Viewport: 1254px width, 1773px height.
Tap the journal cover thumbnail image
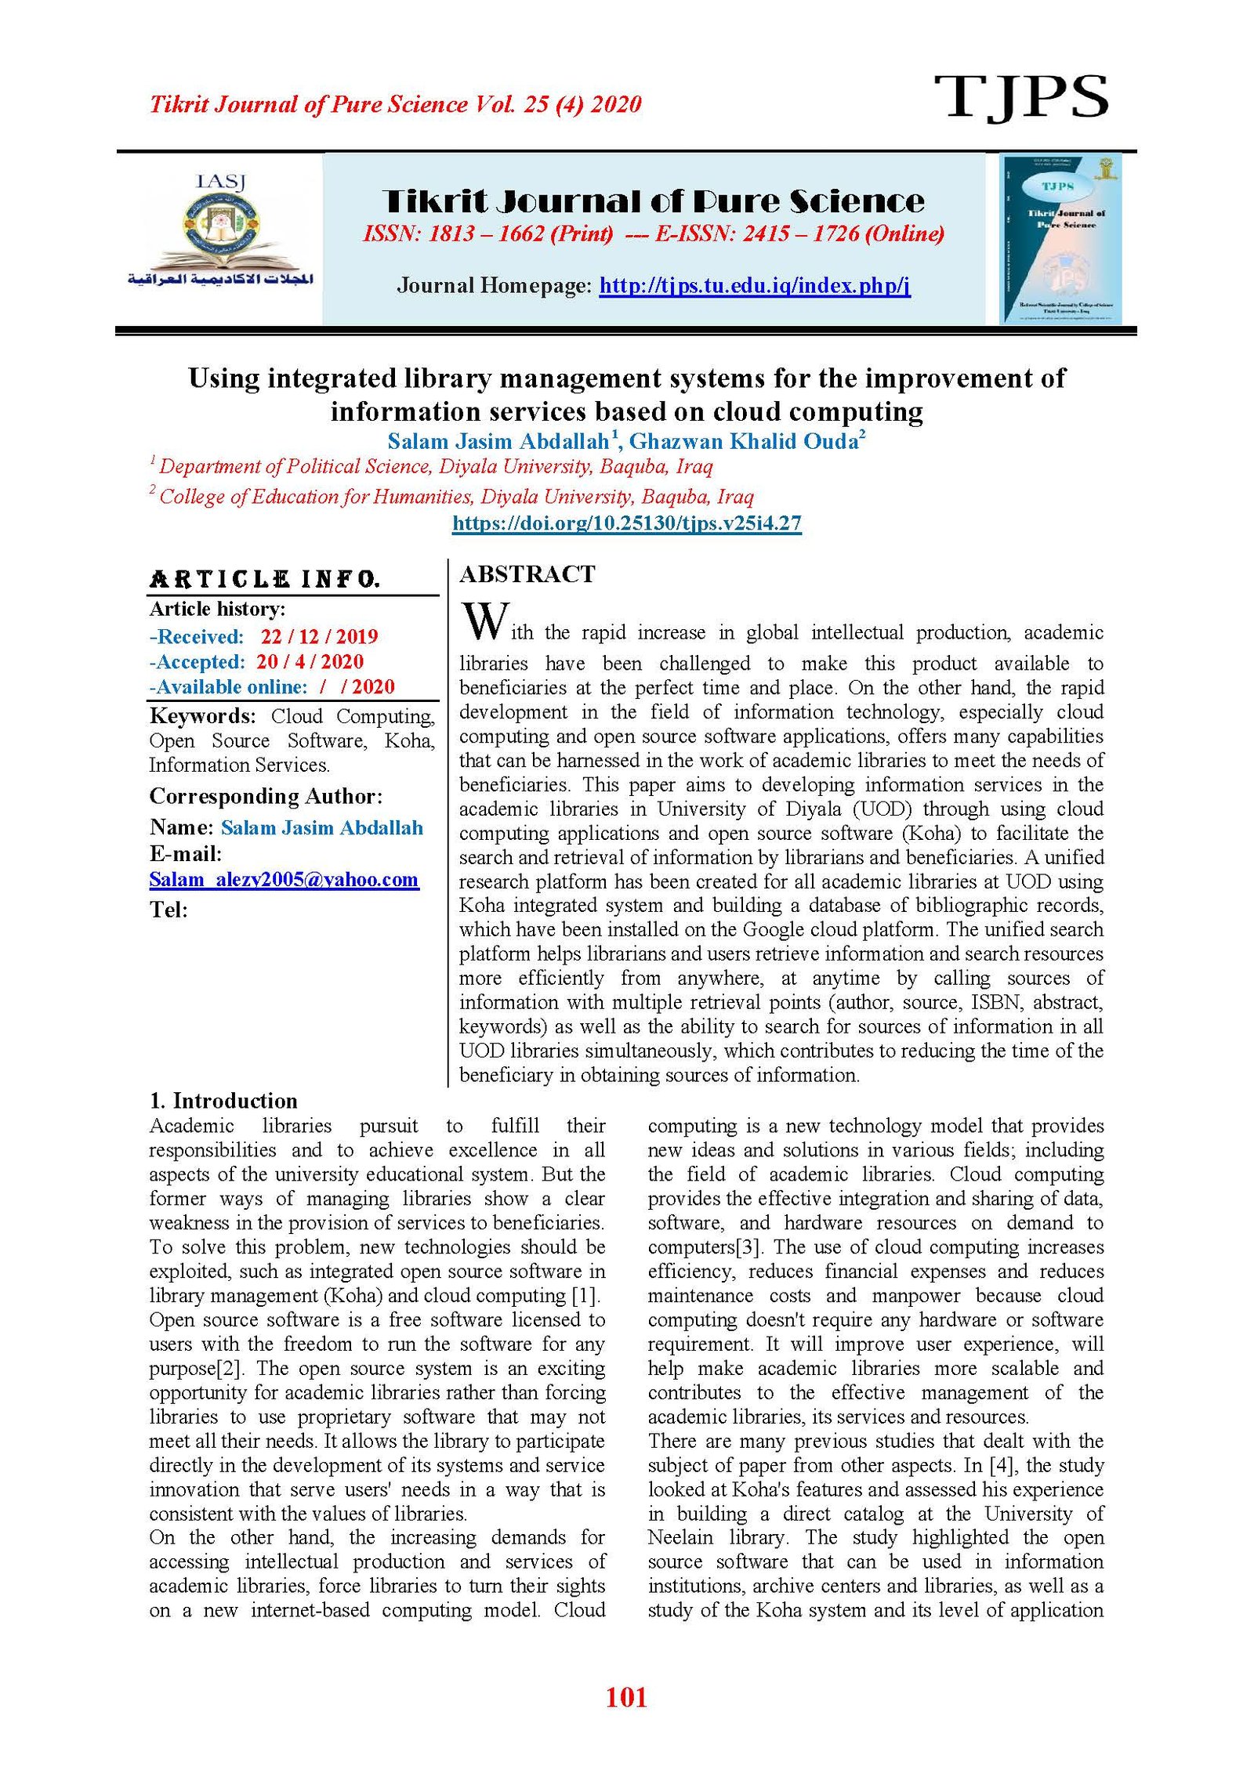[1060, 238]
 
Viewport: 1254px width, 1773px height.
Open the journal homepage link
[754, 285]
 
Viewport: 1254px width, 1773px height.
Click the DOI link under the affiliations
[626, 523]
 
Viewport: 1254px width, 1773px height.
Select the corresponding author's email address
[284, 879]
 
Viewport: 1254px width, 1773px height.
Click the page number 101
[626, 1698]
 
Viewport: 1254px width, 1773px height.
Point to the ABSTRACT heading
[527, 574]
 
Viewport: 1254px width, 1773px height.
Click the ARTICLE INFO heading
[264, 579]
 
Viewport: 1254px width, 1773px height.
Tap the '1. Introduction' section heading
[223, 1101]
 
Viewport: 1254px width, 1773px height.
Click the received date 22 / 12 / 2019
[319, 636]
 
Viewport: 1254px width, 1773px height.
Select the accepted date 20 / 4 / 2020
[310, 661]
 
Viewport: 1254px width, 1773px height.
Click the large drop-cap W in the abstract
[486, 621]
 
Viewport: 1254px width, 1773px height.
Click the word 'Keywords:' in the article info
[202, 716]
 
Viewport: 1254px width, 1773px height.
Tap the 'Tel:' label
[169, 910]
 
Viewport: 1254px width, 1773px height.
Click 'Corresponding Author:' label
[266, 796]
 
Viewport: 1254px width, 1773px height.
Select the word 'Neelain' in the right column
[680, 1537]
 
